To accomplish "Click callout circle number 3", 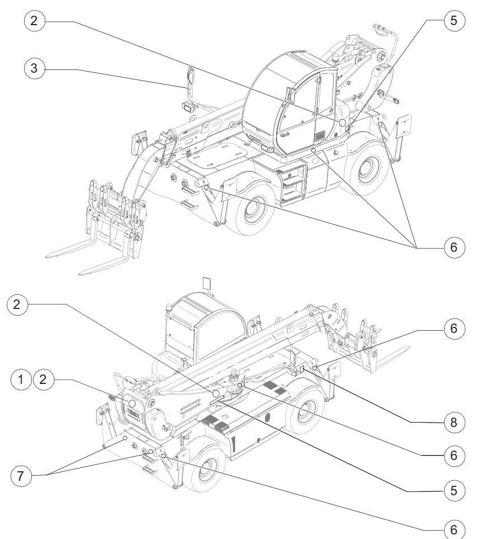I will click(x=35, y=69).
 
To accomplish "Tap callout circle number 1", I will click(x=21, y=380).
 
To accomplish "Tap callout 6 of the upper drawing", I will click(x=454, y=247).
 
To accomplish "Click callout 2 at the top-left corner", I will click(x=35, y=21).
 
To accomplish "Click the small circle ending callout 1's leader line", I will click(x=132, y=403).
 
